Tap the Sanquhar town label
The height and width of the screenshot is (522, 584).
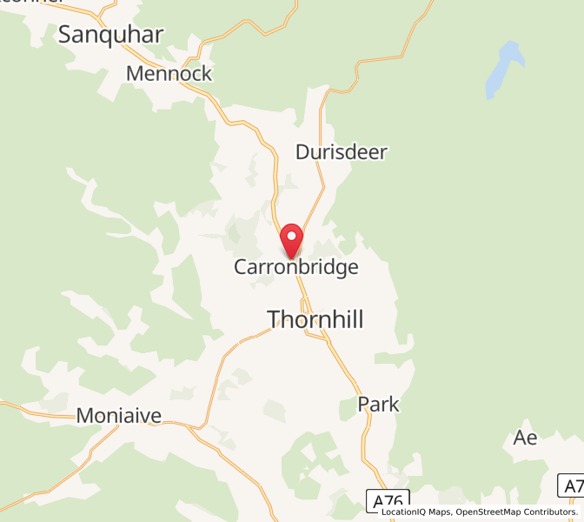point(110,34)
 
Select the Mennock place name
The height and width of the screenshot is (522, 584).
point(169,73)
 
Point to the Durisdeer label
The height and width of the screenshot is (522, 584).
point(341,152)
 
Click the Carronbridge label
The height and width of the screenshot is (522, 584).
point(295,267)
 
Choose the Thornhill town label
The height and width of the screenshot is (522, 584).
point(315,319)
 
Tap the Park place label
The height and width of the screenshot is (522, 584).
point(378,404)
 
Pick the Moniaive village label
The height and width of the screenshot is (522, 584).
point(119,416)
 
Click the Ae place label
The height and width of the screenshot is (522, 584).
point(525,438)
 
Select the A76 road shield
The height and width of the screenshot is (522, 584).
point(387,501)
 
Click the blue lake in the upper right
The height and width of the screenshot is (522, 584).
point(503,70)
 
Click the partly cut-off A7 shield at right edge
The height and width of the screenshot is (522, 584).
point(572,485)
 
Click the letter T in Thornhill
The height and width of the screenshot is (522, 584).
point(275,319)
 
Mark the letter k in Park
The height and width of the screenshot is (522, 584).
point(394,404)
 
